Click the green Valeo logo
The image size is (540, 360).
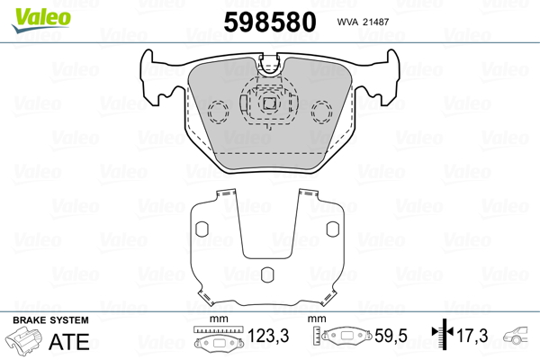(x=41, y=20)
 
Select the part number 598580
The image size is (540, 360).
(x=270, y=22)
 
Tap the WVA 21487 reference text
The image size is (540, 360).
(x=363, y=22)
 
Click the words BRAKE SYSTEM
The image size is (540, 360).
(x=50, y=320)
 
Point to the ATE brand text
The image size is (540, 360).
(x=69, y=341)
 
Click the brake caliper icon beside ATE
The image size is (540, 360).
(x=23, y=340)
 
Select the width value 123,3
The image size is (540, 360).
(x=268, y=336)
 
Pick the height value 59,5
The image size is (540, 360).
(x=391, y=336)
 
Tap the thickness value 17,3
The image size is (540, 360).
(x=472, y=336)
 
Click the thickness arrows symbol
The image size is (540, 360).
(x=443, y=334)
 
